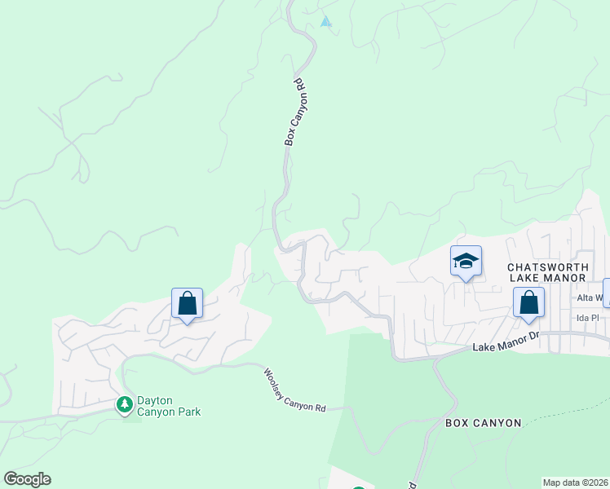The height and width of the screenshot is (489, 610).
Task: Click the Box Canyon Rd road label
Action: pyautogui.click(x=294, y=112)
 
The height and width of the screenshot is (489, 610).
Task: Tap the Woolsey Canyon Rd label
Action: pyautogui.click(x=294, y=390)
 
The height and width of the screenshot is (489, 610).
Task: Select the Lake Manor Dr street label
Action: pyautogui.click(x=506, y=341)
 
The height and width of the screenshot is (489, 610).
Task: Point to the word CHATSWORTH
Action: pyautogui.click(x=546, y=267)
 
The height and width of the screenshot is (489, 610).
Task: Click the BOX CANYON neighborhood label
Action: pyautogui.click(x=483, y=423)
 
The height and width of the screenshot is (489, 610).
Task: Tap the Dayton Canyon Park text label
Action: pyautogui.click(x=169, y=406)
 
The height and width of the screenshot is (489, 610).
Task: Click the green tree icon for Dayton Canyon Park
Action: pyautogui.click(x=125, y=404)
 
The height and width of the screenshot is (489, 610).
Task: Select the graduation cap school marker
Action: pyautogui.click(x=466, y=261)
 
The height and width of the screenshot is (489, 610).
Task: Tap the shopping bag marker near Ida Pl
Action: pyautogui.click(x=528, y=302)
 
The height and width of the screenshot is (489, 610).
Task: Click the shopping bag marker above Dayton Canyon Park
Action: pyautogui.click(x=187, y=303)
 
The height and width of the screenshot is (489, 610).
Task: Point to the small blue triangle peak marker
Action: pyautogui.click(x=326, y=22)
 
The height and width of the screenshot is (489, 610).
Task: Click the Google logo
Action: pyautogui.click(x=27, y=479)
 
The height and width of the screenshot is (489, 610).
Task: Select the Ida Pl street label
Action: pyautogui.click(x=587, y=318)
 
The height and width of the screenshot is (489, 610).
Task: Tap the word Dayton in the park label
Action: pyautogui.click(x=155, y=400)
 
